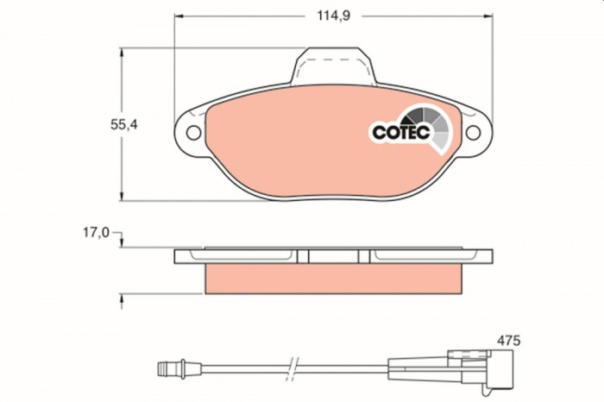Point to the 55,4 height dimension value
coord(123,124)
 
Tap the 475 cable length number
coord(508,342)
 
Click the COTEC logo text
coord(399,132)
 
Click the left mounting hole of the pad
coord(192,133)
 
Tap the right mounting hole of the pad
coord(474,133)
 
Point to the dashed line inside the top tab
coord(335,59)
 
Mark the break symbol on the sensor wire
coord(294,367)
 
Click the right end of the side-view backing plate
coord(493,256)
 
